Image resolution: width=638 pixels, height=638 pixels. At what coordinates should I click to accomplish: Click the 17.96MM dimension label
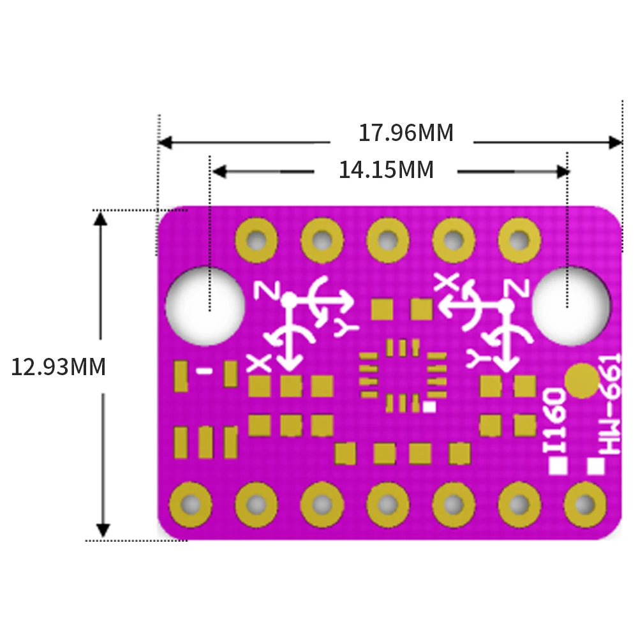coord(406,133)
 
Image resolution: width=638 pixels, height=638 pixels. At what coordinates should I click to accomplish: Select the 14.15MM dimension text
coord(386,170)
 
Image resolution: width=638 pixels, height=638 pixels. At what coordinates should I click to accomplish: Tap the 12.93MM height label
coord(58,367)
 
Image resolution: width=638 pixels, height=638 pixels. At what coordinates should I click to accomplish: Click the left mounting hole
coord(205,306)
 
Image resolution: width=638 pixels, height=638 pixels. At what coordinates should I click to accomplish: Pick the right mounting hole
coord(571,306)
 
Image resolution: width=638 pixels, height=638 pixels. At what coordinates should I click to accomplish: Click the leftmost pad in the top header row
coord(256,241)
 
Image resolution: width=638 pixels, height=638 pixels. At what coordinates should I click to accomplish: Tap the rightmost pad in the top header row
coord(519,241)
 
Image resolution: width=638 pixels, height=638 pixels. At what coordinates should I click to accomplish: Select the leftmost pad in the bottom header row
coord(190,505)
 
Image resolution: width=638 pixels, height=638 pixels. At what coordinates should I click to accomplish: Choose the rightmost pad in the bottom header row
coord(585,505)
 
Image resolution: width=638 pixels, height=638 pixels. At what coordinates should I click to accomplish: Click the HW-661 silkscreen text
coord(609,404)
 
